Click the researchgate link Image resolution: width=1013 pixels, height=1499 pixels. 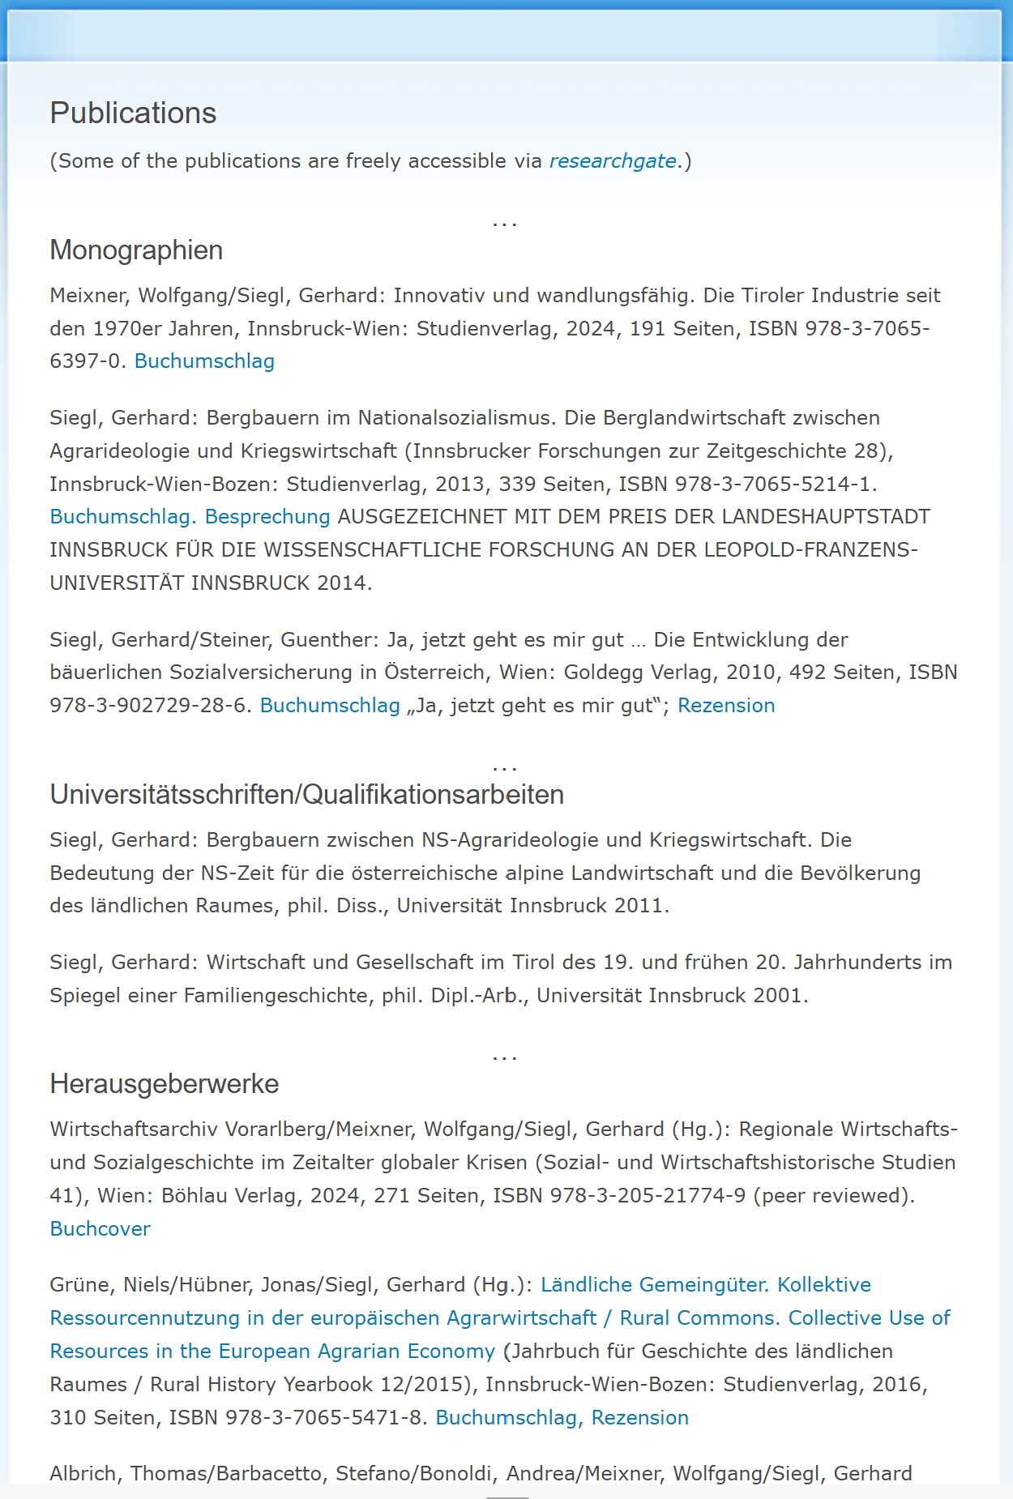613,161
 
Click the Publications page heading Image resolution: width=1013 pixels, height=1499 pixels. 133,113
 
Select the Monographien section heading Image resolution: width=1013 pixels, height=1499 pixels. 136,250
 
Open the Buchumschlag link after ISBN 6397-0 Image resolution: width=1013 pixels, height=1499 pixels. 204,361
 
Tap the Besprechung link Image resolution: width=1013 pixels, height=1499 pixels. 267,517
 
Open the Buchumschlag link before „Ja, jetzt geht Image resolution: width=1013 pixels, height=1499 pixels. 330,706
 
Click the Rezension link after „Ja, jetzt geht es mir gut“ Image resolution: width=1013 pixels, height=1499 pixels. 726,706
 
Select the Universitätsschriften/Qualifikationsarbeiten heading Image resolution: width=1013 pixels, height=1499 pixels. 306,795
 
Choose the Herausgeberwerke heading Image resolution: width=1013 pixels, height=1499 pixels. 164,1084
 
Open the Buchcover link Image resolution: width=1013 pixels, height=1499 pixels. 100,1229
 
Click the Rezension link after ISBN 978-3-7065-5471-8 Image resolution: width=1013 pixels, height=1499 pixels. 640,1418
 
